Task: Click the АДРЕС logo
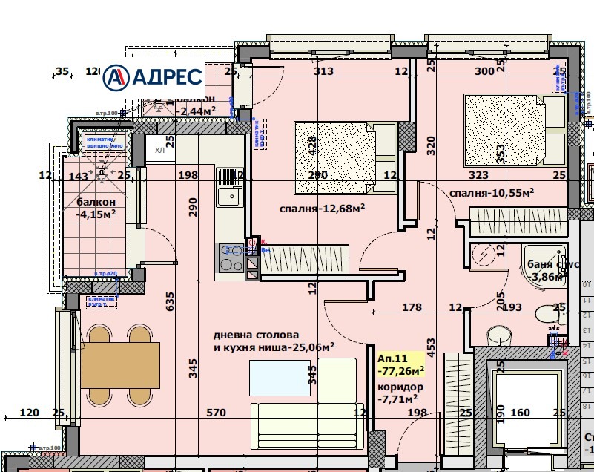tap(153, 76)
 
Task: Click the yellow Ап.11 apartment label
tap(400, 363)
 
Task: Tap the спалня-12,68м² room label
tap(322, 209)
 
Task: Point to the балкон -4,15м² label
tap(96, 209)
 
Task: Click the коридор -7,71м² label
tap(400, 393)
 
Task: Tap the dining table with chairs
tap(120, 364)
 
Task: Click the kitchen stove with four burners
tap(232, 260)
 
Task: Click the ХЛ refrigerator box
tap(160, 150)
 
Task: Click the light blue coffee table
tap(279, 374)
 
